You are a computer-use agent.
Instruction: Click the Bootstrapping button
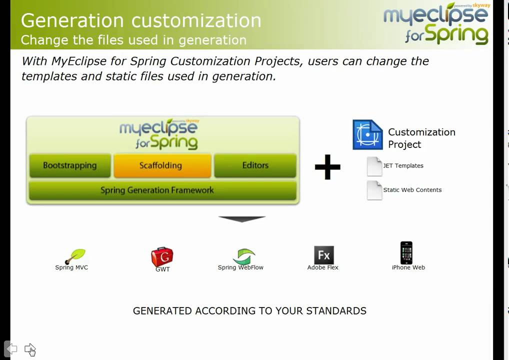(x=69, y=165)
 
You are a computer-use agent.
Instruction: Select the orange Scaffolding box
(x=160, y=165)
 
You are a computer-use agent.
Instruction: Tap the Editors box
(x=255, y=165)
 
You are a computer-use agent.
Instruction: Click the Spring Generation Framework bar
(x=162, y=190)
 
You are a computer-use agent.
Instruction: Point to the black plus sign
(x=327, y=167)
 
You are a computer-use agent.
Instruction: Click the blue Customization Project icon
(x=367, y=134)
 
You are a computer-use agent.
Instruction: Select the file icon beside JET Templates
(x=374, y=166)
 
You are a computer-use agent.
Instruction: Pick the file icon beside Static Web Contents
(x=374, y=190)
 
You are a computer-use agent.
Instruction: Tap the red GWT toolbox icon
(x=162, y=257)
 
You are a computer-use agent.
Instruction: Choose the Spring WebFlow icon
(x=243, y=256)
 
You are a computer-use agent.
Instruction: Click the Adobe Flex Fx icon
(x=323, y=255)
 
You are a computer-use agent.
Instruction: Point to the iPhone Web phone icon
(x=406, y=253)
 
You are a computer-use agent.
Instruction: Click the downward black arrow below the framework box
(x=241, y=219)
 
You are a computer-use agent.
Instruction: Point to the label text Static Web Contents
(x=412, y=190)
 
